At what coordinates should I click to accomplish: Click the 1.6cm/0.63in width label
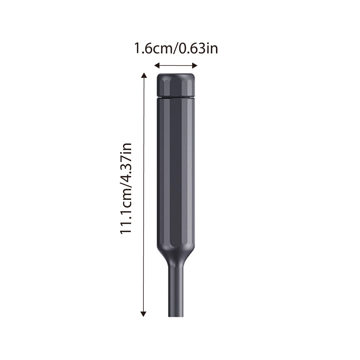pos(176,49)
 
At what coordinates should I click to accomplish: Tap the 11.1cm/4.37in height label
pos(126,189)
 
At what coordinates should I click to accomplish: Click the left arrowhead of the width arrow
pos(157,66)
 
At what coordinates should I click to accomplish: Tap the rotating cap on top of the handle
pos(176,85)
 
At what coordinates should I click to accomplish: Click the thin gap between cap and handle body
pos(176,98)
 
